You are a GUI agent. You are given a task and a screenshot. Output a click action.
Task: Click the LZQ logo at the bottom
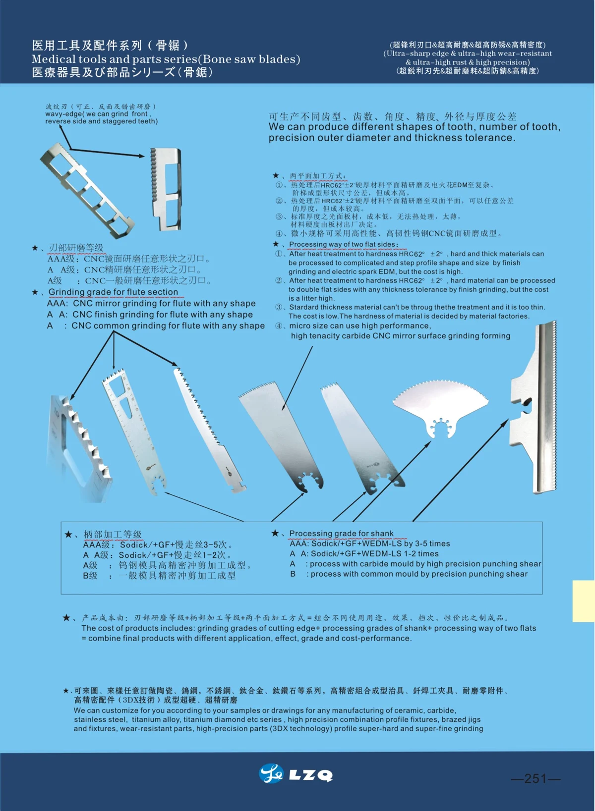click(x=296, y=774)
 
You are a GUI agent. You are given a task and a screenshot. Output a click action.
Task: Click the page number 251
click(x=535, y=779)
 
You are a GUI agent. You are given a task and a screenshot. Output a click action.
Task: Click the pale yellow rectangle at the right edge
click(x=583, y=601)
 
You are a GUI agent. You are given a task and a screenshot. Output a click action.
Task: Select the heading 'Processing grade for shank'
click(x=341, y=534)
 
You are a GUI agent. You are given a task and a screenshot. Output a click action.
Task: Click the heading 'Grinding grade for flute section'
click(x=113, y=292)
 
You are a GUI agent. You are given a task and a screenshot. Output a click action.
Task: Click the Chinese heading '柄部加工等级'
click(x=113, y=534)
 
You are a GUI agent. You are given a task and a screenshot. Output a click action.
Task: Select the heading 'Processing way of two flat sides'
click(x=343, y=244)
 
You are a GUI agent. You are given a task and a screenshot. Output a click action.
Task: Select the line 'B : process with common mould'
click(x=409, y=574)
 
